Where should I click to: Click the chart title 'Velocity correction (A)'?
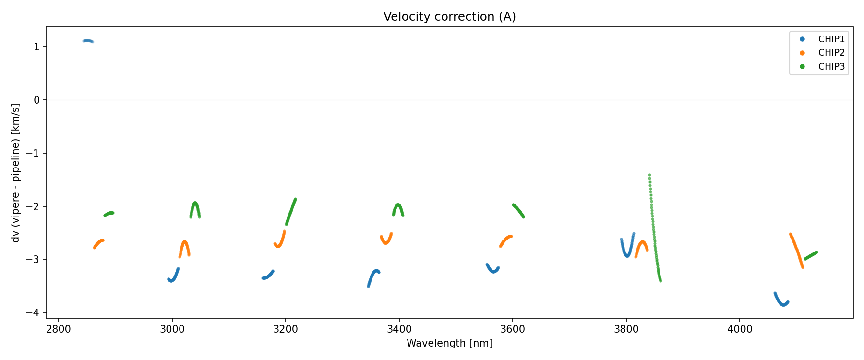click(449, 17)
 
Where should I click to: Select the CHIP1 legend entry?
click(831, 39)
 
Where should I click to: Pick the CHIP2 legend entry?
click(831, 53)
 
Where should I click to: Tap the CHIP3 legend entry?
click(831, 67)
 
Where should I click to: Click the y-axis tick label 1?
click(37, 47)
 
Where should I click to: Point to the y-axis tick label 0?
click(37, 100)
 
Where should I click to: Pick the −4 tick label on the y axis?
click(35, 313)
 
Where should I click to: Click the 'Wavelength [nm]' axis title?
click(449, 343)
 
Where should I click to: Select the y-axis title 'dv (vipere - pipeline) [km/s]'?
click(16, 173)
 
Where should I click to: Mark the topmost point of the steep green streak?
click(649, 175)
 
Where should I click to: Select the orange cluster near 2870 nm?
click(98, 243)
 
